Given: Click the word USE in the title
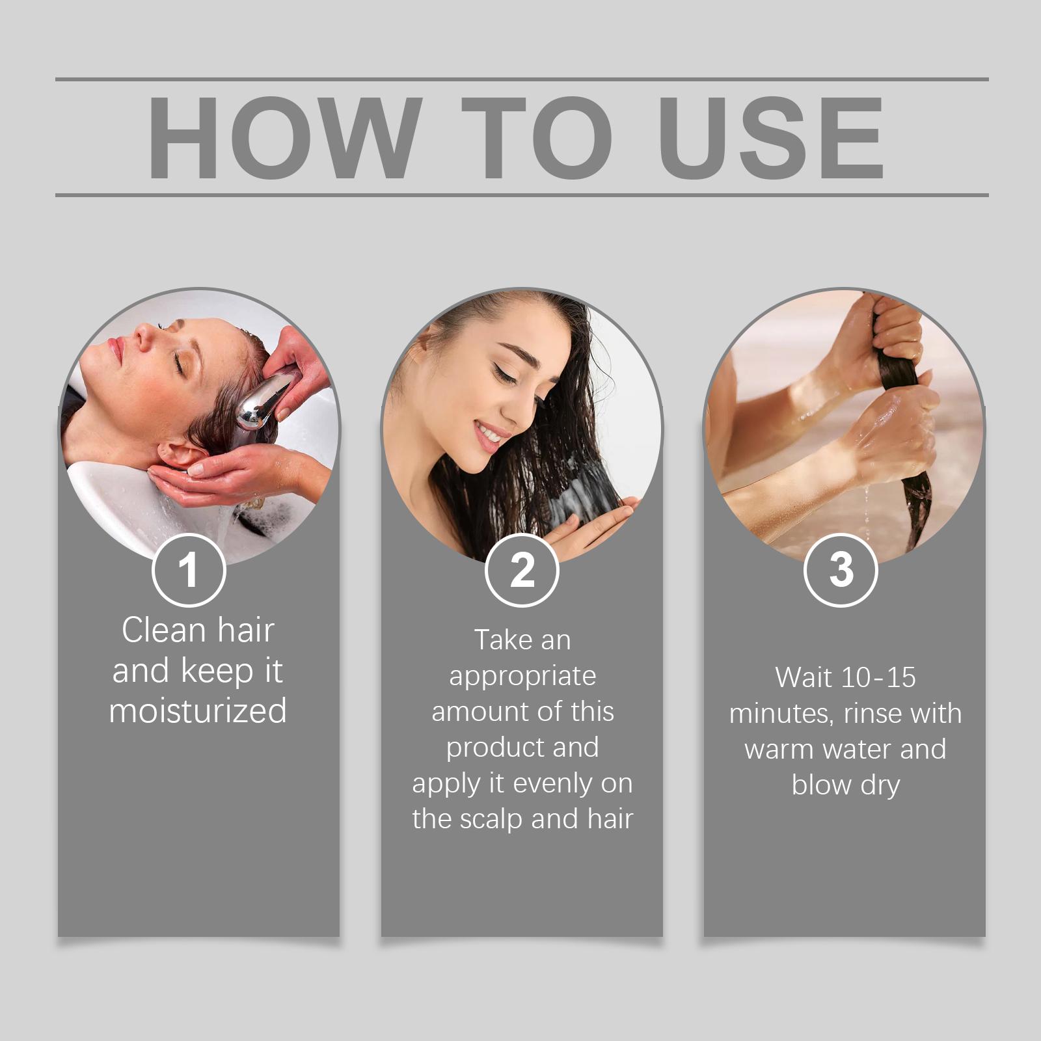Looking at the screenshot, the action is [771, 137].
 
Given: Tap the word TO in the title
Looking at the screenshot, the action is [537, 137].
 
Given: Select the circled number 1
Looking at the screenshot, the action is [189, 570].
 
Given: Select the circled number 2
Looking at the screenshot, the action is [522, 570].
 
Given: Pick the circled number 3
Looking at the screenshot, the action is [841, 570].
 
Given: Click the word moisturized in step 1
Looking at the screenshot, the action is [198, 710].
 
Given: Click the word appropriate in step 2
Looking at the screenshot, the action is [522, 677].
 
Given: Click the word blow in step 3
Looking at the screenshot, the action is [821, 785].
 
